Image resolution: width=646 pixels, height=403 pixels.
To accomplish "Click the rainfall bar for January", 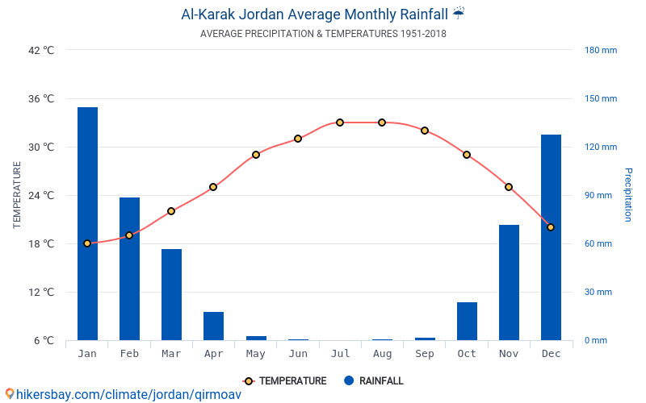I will [87, 223].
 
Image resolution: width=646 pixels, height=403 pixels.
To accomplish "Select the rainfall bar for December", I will [551, 237].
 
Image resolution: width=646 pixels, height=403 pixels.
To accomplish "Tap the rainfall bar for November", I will [509, 282].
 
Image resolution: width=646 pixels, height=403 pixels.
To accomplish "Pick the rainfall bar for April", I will [213, 326].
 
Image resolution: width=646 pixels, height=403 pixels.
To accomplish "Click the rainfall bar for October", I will [467, 321].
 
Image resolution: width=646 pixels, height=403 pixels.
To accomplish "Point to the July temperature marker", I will [340, 123].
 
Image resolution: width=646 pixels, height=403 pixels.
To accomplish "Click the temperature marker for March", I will [171, 211].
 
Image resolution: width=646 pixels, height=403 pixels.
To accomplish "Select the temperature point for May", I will [256, 155].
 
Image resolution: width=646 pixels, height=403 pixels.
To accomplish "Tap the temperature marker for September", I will [425, 131].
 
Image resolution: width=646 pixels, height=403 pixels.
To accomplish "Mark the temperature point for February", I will [129, 235].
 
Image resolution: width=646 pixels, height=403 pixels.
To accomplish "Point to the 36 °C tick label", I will [41, 98].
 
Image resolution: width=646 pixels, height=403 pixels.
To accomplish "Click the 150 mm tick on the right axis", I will [600, 98].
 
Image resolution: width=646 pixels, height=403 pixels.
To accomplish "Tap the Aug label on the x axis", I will [382, 354].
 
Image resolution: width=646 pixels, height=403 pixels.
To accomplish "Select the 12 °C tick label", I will [41, 292].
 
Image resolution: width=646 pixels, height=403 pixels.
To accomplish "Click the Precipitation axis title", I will [627, 195].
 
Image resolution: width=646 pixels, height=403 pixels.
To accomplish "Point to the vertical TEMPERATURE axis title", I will [17, 195].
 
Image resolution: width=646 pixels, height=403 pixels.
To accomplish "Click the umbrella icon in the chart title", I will [459, 13].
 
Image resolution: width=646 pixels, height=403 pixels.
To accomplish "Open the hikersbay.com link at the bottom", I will [124, 395].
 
